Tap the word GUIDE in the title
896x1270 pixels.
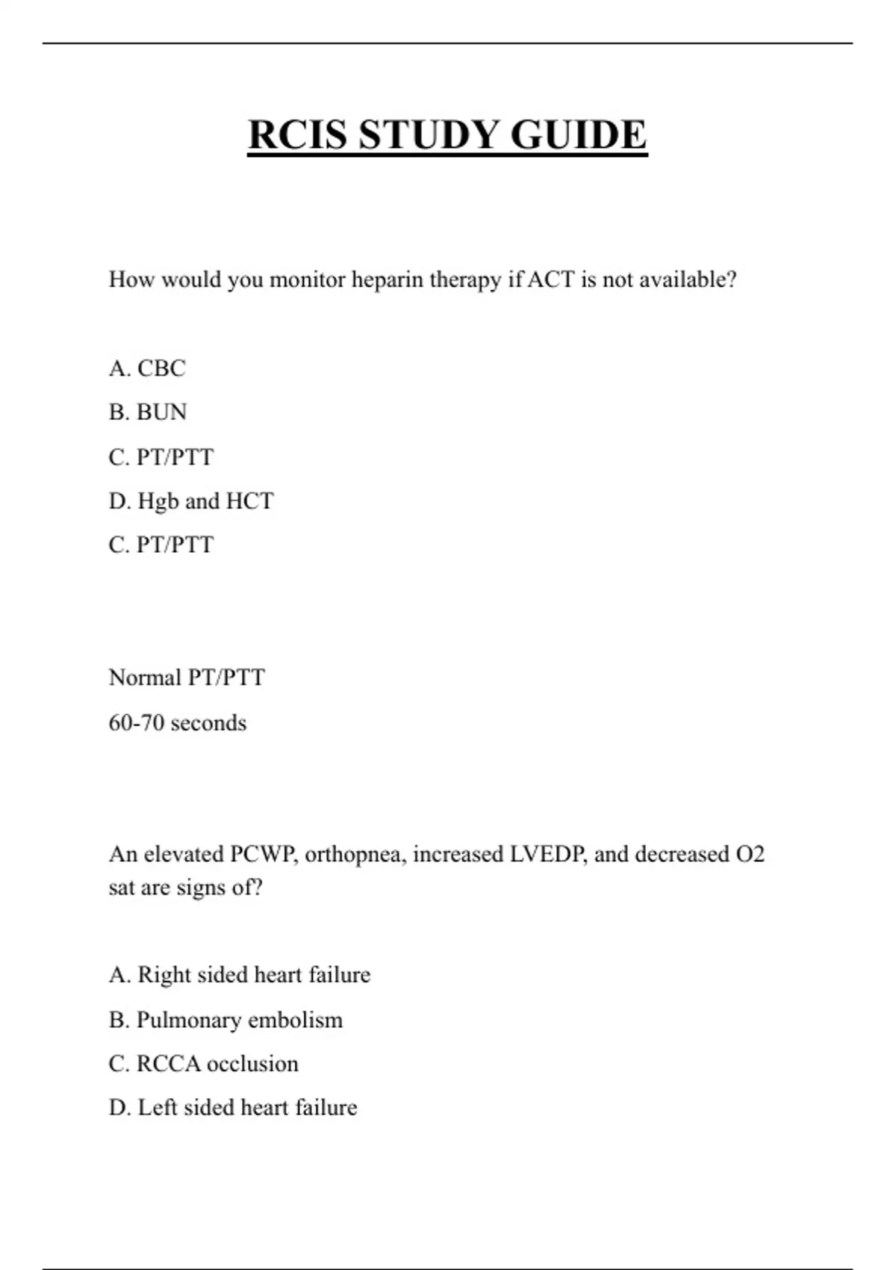click(579, 135)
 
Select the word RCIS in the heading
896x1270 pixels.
click(297, 135)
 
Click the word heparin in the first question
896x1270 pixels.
click(387, 280)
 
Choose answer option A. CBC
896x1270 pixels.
click(147, 368)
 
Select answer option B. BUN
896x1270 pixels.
click(148, 412)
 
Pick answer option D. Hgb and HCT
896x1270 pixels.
click(191, 501)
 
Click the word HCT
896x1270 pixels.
click(249, 501)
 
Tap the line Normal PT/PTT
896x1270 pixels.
click(187, 678)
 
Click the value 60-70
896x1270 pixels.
click(136, 723)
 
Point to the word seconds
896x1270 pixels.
click(208, 723)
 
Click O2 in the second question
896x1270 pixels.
click(750, 854)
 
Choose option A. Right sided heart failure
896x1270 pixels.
click(240, 975)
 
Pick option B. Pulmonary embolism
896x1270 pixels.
click(225, 1020)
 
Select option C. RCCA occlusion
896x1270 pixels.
click(203, 1064)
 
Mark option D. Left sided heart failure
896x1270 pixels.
click(233, 1107)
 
